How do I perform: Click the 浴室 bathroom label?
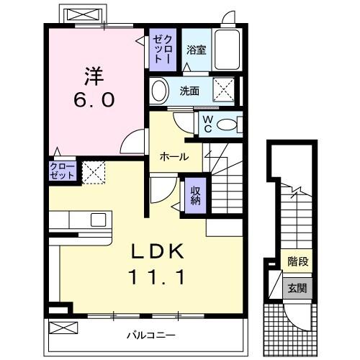pyautogui.click(x=196, y=50)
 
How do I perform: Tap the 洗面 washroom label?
pyautogui.click(x=189, y=91)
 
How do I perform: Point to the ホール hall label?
pyautogui.click(x=174, y=156)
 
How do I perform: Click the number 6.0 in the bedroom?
pyautogui.click(x=93, y=101)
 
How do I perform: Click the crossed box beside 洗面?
pyautogui.click(x=225, y=91)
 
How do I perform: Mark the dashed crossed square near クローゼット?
pyautogui.click(x=94, y=173)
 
